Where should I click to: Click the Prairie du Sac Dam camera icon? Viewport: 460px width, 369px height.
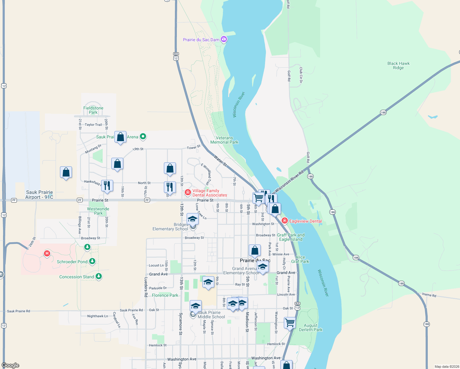click(x=224, y=39)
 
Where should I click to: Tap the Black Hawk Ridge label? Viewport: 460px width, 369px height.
click(x=398, y=65)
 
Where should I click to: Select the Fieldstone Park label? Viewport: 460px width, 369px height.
click(x=93, y=110)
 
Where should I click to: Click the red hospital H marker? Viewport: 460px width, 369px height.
click(x=47, y=253)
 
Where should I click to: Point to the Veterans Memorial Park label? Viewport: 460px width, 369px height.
click(x=224, y=140)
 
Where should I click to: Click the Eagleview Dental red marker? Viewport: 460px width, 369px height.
click(x=285, y=221)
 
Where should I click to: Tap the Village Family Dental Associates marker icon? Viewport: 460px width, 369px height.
click(x=188, y=192)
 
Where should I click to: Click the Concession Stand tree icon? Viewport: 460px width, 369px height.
click(x=98, y=276)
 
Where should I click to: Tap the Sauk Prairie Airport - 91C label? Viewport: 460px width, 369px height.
click(x=39, y=195)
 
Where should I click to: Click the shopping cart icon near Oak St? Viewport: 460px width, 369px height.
click(x=290, y=323)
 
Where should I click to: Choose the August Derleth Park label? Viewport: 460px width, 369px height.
click(x=311, y=327)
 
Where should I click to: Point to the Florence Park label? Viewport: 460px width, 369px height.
click(x=165, y=295)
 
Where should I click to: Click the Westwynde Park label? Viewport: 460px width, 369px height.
click(x=98, y=211)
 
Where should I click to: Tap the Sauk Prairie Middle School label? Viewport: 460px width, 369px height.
click(x=211, y=315)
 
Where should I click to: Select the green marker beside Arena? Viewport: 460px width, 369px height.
click(x=143, y=137)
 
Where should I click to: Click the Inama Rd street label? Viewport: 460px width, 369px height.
click(x=429, y=295)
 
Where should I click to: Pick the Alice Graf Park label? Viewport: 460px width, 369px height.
click(x=300, y=259)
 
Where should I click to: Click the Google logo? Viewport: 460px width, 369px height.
click(x=10, y=365)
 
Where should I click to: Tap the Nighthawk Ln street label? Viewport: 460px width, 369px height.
click(x=97, y=316)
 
